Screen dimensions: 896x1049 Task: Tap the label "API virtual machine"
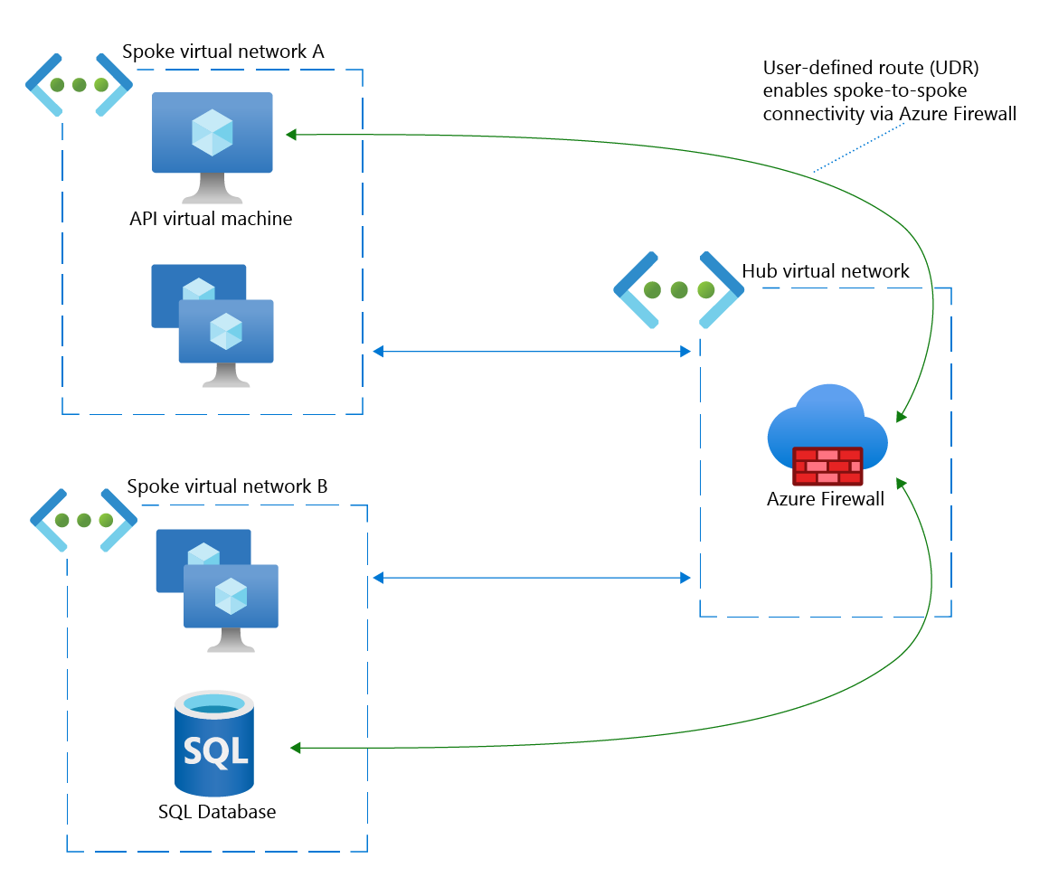[212, 219]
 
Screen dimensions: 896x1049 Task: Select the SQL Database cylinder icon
[214, 741]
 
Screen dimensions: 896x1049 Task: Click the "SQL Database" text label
[216, 812]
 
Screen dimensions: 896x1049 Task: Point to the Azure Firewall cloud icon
[827, 425]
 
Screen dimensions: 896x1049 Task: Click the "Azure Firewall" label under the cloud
[825, 499]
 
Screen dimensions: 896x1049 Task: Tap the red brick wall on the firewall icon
[827, 466]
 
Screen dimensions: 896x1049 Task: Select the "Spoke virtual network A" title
[222, 52]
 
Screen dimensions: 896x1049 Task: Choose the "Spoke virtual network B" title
[226, 486]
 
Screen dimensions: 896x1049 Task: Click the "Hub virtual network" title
[826, 271]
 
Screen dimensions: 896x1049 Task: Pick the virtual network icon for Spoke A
[79, 85]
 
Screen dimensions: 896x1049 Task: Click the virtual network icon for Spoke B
[83, 521]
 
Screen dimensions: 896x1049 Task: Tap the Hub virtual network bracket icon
[678, 290]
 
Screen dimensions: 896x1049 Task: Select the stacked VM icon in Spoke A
[213, 325]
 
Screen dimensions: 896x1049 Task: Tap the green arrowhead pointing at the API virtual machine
[291, 135]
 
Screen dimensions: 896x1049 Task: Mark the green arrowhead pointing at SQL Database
[295, 748]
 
